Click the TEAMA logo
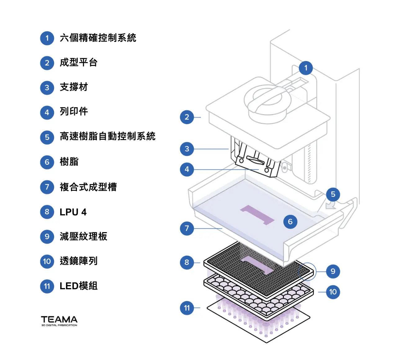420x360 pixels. point(59,321)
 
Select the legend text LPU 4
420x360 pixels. point(73,212)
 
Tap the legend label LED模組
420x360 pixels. point(78,286)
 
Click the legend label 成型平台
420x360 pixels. point(78,62)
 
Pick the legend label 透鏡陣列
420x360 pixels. point(78,261)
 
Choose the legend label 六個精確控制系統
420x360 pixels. point(98,38)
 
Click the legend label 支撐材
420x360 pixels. point(74,87)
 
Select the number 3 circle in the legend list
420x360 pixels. point(47,88)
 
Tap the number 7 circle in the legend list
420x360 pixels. point(47,187)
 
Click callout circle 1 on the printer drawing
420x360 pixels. point(306,68)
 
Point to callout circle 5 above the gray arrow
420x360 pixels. point(333,195)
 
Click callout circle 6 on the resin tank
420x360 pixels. point(290,222)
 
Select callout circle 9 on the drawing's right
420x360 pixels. point(333,272)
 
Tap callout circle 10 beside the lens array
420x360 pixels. point(333,292)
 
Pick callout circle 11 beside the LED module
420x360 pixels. point(187,308)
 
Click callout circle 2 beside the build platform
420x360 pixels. point(187,117)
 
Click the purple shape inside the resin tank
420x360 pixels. point(257,214)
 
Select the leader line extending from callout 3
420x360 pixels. point(211,149)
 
